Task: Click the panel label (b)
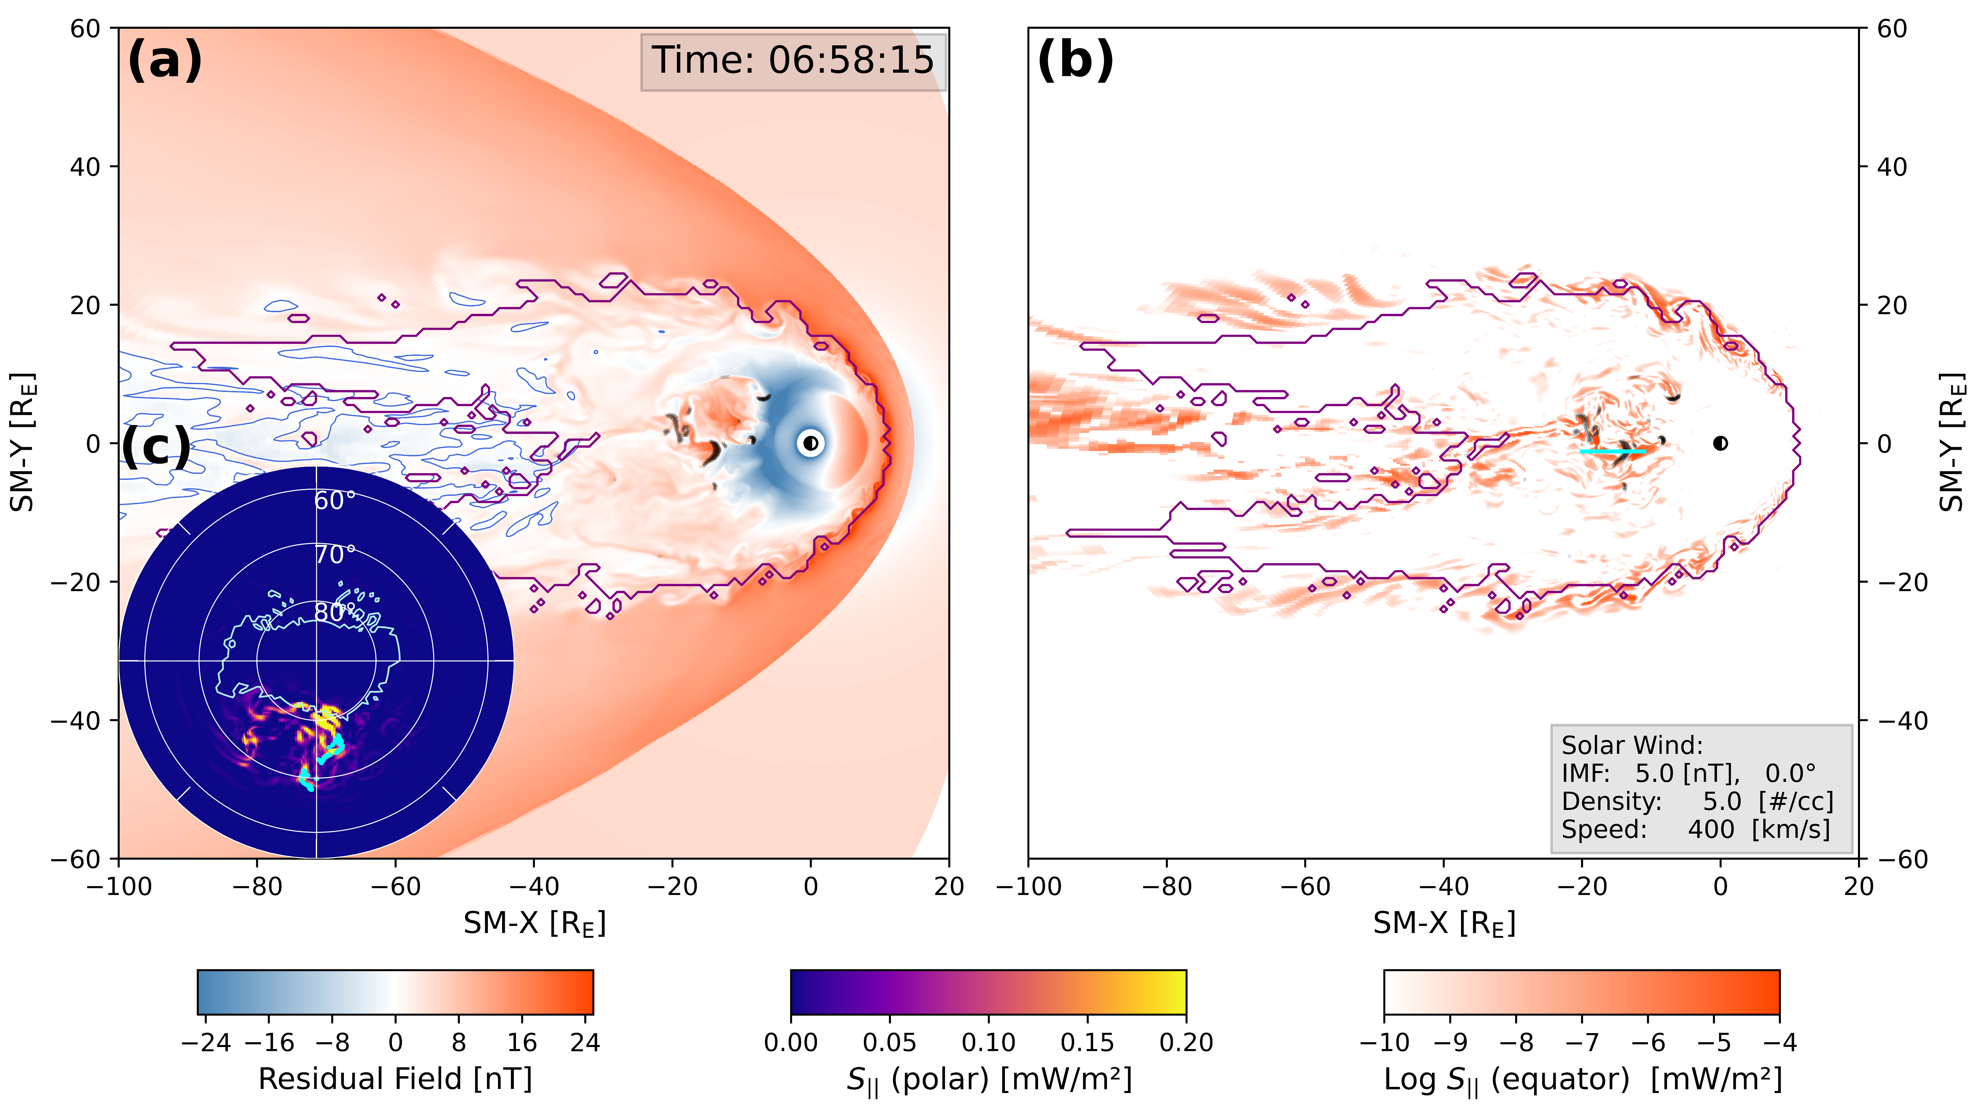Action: point(1075,60)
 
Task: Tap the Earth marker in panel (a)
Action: point(810,443)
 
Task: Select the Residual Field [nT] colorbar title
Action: point(395,1079)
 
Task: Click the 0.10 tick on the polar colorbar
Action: point(988,1042)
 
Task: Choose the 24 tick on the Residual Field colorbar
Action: point(585,1042)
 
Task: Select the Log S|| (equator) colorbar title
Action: point(1582,1079)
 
